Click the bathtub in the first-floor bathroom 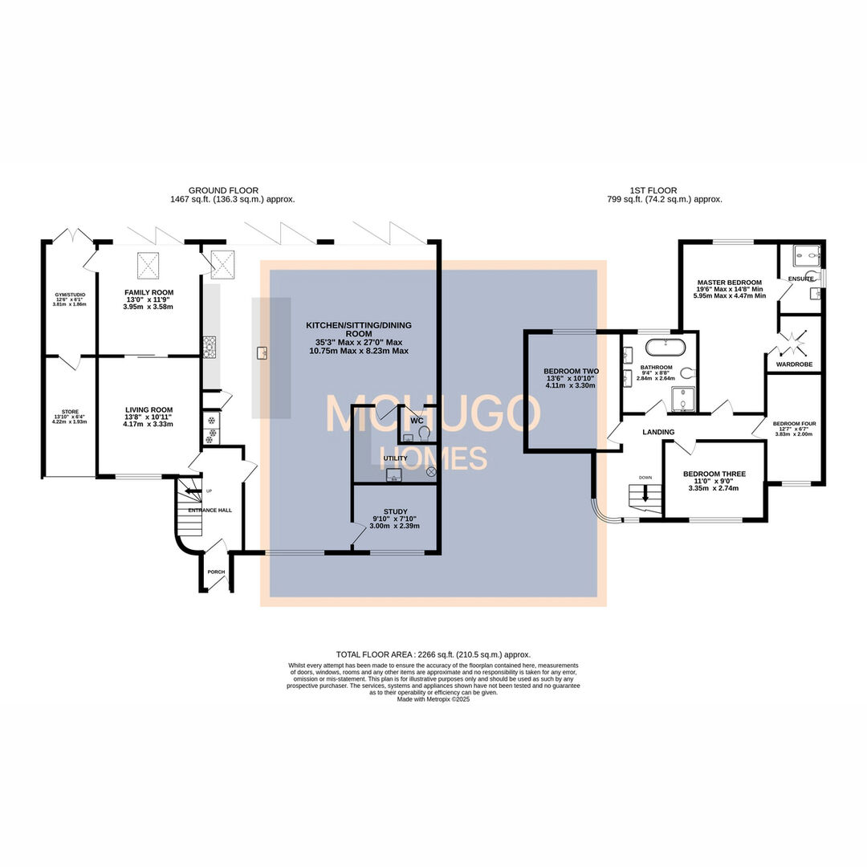coord(666,348)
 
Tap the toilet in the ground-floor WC coord(424,433)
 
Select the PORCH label coord(216,572)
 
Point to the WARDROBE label coord(794,364)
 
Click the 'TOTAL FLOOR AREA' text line coord(433,654)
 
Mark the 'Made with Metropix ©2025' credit coord(433,699)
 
